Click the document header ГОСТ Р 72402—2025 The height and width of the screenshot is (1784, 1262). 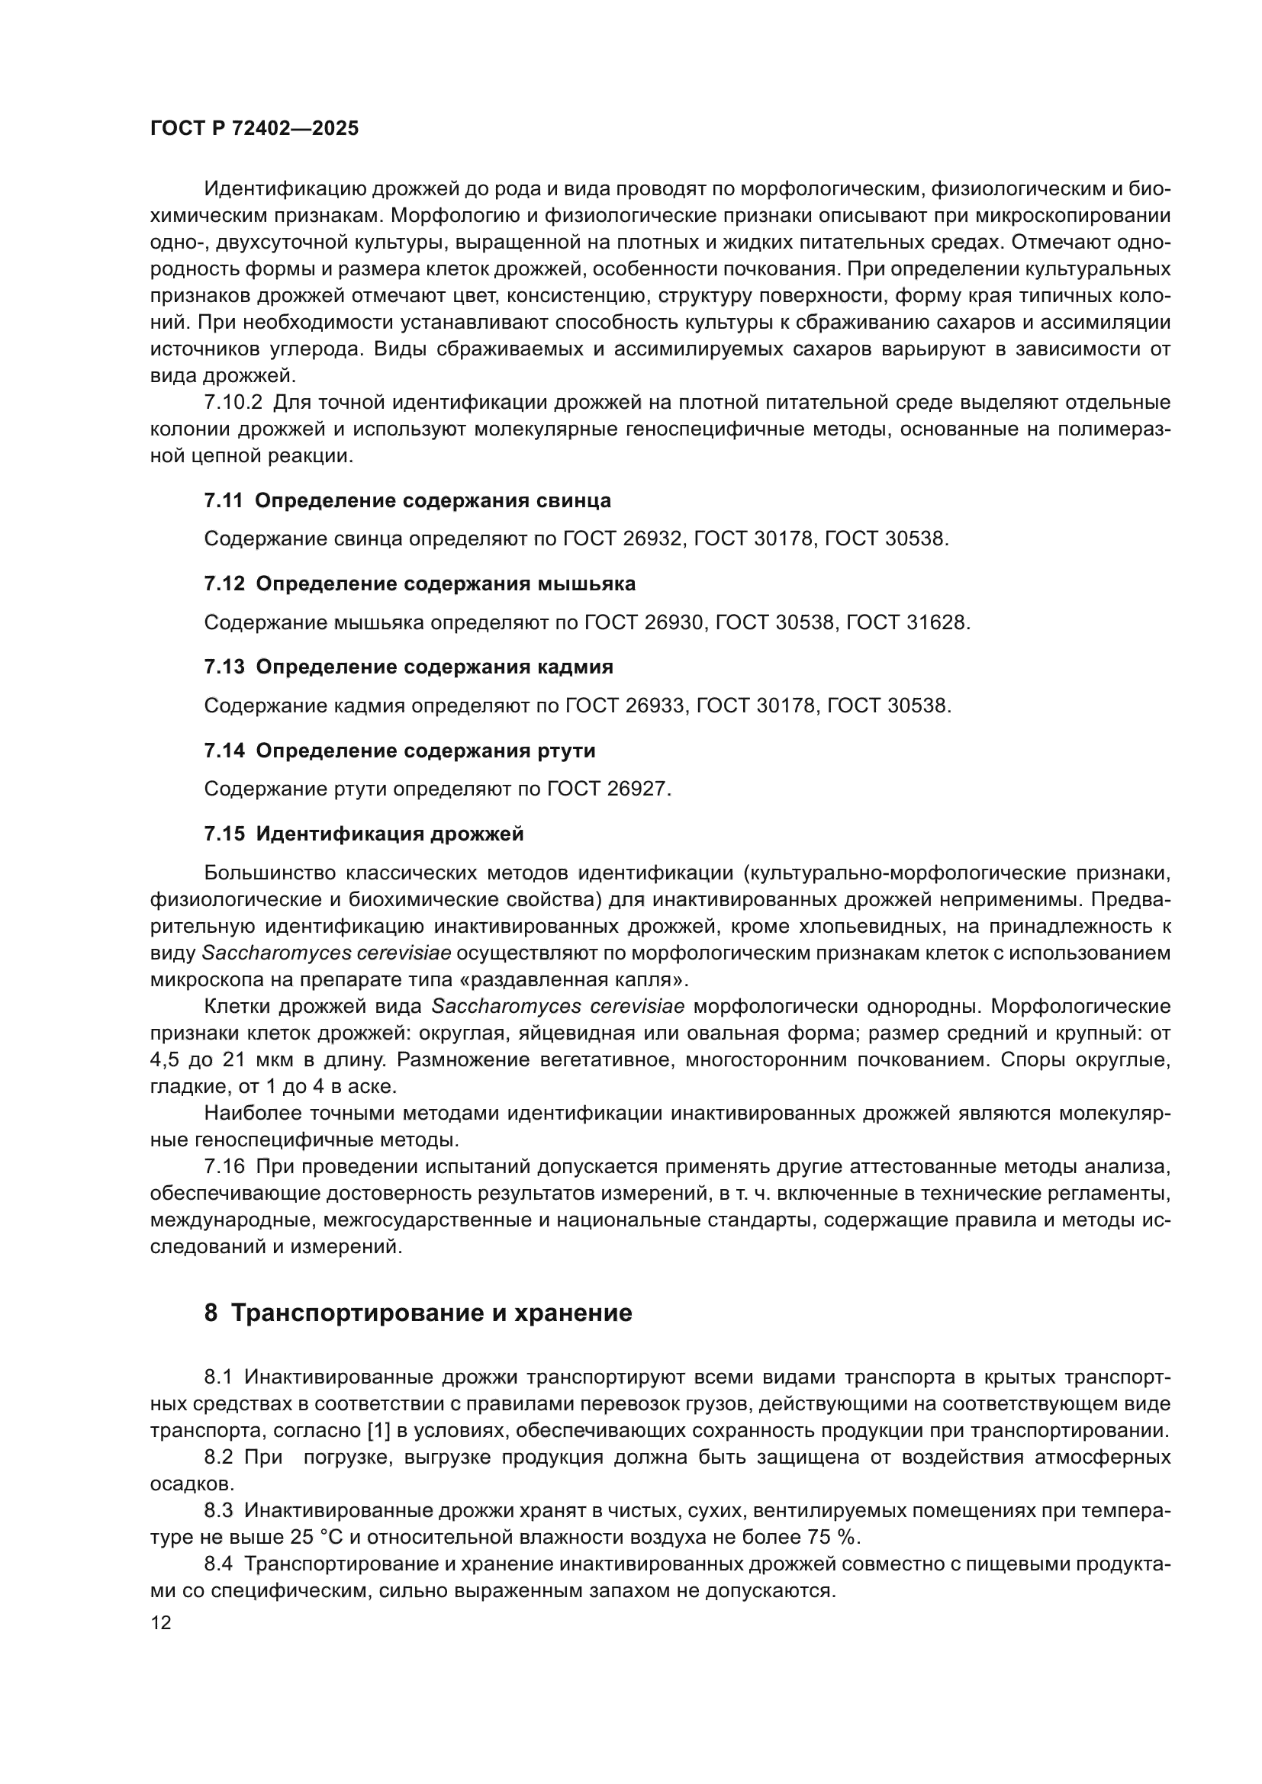[x=255, y=129]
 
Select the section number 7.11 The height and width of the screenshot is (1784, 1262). [x=224, y=501]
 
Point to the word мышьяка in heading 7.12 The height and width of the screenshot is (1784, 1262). [x=587, y=584]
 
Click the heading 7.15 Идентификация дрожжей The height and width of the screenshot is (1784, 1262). [x=364, y=834]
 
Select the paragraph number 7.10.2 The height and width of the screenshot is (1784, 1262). [x=233, y=403]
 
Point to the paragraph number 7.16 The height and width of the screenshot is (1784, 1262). [x=224, y=1167]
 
